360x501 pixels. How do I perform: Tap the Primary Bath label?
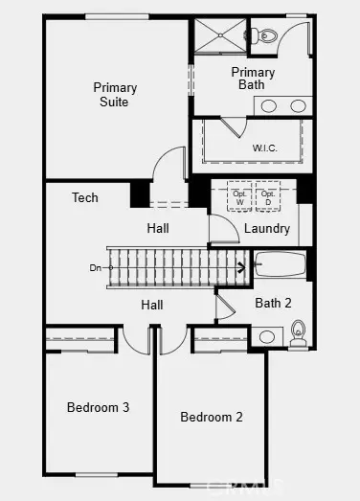pyautogui.click(x=253, y=79)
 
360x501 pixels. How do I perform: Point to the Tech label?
pyautogui.click(x=85, y=198)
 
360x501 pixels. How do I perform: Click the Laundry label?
pyautogui.click(x=266, y=229)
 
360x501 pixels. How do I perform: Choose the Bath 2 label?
pyautogui.click(x=273, y=303)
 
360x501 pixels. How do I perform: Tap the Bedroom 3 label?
pyautogui.click(x=98, y=407)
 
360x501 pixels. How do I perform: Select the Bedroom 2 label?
pyautogui.click(x=212, y=417)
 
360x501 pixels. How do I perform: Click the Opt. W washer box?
pyautogui.click(x=239, y=198)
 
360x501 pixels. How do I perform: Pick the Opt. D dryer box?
pyautogui.click(x=269, y=198)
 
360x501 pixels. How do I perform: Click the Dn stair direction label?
pyautogui.click(x=96, y=267)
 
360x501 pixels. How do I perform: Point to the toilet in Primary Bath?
pyautogui.click(x=267, y=36)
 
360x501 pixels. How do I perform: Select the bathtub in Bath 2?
pyautogui.click(x=279, y=264)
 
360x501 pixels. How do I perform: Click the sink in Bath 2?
pyautogui.click(x=269, y=335)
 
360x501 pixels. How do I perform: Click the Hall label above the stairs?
pyautogui.click(x=159, y=229)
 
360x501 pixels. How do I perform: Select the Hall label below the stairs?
pyautogui.click(x=151, y=305)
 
